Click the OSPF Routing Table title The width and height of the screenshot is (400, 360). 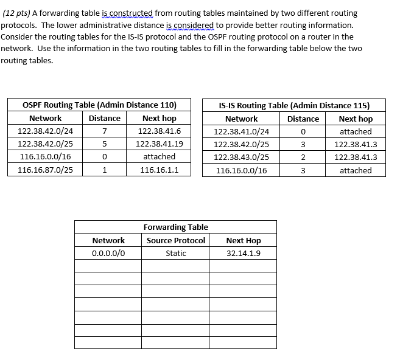[99, 105]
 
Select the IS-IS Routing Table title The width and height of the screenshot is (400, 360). [294, 105]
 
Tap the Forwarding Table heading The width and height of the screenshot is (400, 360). [175, 227]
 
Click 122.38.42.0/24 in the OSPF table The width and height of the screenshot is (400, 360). [46, 131]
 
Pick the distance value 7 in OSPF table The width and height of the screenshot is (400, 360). [104, 131]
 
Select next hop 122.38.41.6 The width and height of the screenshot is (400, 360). [159, 131]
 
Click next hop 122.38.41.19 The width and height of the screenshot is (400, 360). [159, 144]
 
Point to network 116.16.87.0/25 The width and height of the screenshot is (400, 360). [46, 170]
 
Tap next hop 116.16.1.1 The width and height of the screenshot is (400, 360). [159, 170]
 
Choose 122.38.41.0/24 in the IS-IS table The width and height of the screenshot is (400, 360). [242, 131]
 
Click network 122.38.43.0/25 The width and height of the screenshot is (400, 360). [242, 157]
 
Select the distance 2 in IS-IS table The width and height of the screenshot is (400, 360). [303, 157]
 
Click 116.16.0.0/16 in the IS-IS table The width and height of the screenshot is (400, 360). [242, 171]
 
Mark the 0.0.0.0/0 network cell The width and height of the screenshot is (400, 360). [108, 253]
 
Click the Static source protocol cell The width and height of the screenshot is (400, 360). [176, 253]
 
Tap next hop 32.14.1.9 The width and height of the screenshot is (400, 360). [244, 253]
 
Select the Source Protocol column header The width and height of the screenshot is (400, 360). [176, 240]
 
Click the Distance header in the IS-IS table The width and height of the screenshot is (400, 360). [303, 119]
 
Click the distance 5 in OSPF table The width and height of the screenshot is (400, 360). [104, 144]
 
